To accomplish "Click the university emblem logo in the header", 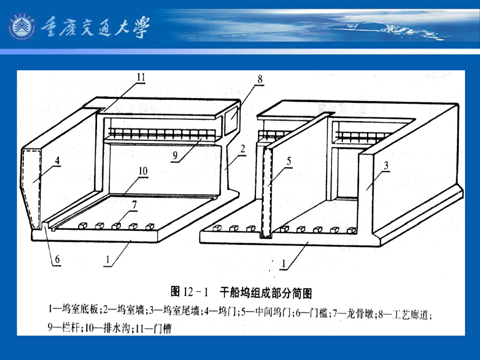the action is coord(22,26).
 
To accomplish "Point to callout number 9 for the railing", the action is coord(175,157).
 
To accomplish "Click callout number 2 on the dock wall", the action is coord(242,149).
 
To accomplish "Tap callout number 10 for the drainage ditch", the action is coord(142,171).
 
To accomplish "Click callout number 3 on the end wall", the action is coord(385,165).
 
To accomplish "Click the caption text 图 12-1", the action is coord(189,293).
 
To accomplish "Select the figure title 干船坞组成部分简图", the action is coord(266,293).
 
